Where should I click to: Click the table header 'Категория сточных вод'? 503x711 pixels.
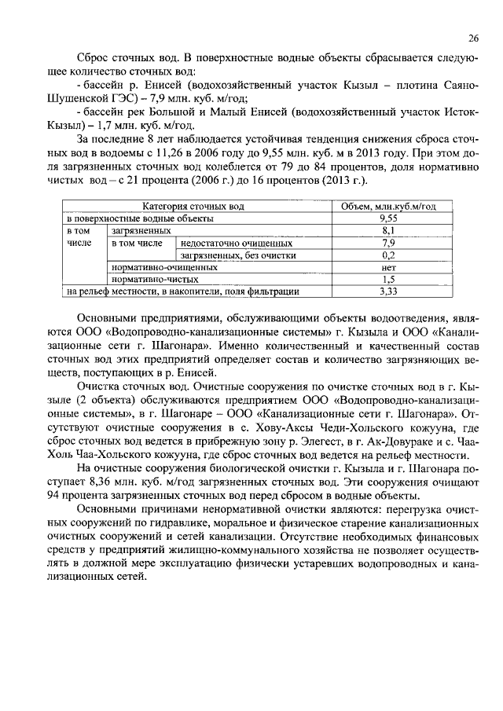coord(193,206)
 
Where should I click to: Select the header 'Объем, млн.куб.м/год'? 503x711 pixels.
coord(386,206)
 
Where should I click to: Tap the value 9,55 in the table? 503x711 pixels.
coord(386,218)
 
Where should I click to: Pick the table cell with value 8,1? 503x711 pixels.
coord(386,231)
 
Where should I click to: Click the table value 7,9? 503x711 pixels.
coord(386,244)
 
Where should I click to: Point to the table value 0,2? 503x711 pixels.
coord(386,255)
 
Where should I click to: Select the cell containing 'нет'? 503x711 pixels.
coord(386,267)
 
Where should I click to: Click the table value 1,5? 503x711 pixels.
coord(386,279)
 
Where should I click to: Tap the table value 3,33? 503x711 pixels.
coord(386,291)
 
